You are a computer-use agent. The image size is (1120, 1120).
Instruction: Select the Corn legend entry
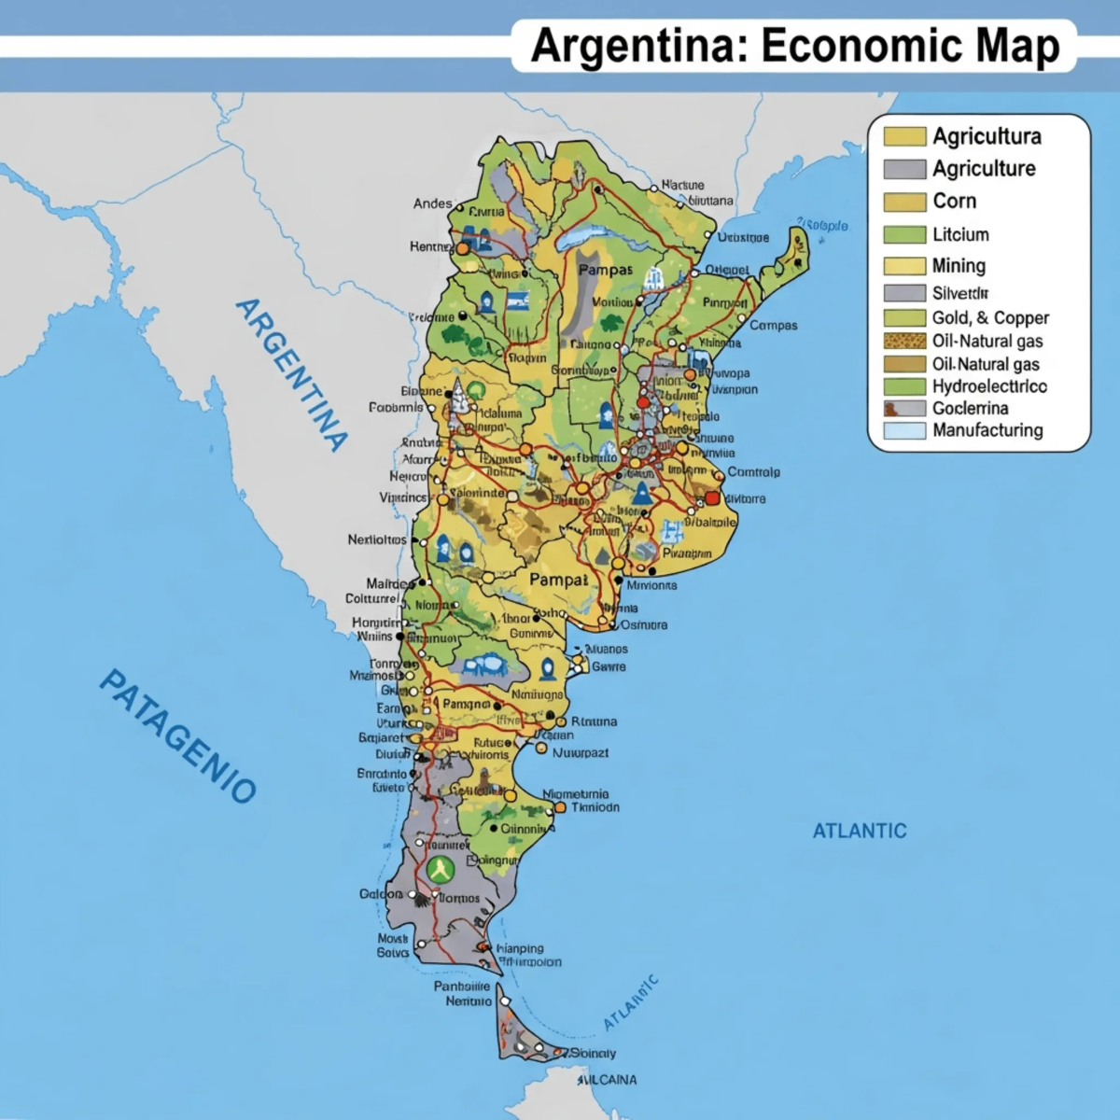coord(954,202)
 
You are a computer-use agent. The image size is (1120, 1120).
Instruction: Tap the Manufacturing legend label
coord(987,430)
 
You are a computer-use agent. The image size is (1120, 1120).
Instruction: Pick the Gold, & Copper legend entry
coord(990,318)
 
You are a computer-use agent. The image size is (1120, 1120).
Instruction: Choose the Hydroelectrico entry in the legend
coord(989,386)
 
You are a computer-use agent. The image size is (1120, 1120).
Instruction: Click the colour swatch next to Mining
coord(904,266)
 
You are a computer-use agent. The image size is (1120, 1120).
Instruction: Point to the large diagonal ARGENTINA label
coord(291,375)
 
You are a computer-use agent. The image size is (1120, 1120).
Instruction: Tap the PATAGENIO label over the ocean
coord(177,735)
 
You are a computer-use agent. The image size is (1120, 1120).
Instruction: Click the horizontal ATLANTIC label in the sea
coord(860,831)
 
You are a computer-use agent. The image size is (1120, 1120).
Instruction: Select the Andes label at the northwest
coord(432,203)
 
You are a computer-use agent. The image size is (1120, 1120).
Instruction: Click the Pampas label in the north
coord(605,270)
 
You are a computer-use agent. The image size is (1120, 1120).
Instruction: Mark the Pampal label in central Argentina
coord(558,580)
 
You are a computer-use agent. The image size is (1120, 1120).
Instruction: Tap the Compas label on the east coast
coord(774,326)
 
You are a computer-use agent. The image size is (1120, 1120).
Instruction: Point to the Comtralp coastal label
coord(753,472)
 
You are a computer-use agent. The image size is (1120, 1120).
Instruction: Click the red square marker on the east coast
coord(712,498)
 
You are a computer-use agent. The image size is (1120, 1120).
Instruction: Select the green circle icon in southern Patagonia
coord(440,870)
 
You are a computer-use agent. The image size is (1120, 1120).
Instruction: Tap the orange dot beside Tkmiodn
coord(560,807)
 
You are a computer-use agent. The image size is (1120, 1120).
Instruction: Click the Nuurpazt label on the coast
coord(580,752)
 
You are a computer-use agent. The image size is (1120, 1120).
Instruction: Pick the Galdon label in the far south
coord(381,894)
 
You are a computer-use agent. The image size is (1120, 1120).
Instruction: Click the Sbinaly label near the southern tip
coord(593,1053)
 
